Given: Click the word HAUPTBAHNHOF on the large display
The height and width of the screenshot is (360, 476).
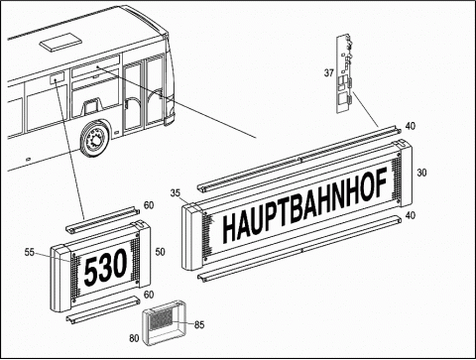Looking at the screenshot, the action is click(x=304, y=205).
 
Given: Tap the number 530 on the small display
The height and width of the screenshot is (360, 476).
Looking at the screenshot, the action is click(x=105, y=268).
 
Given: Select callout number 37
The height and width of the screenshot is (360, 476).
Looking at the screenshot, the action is click(x=329, y=72).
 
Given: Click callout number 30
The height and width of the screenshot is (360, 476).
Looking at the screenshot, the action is click(x=421, y=173).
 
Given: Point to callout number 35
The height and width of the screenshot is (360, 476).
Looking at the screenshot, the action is click(x=176, y=193).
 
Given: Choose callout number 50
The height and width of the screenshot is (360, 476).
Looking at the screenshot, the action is click(x=160, y=252).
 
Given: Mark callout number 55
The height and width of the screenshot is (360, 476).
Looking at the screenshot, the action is click(x=30, y=252).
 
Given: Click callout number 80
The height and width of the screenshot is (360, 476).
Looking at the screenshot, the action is click(x=134, y=338).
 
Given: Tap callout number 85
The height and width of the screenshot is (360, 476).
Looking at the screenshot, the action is click(x=199, y=325).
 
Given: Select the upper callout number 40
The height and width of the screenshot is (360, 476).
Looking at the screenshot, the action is click(x=411, y=126).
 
